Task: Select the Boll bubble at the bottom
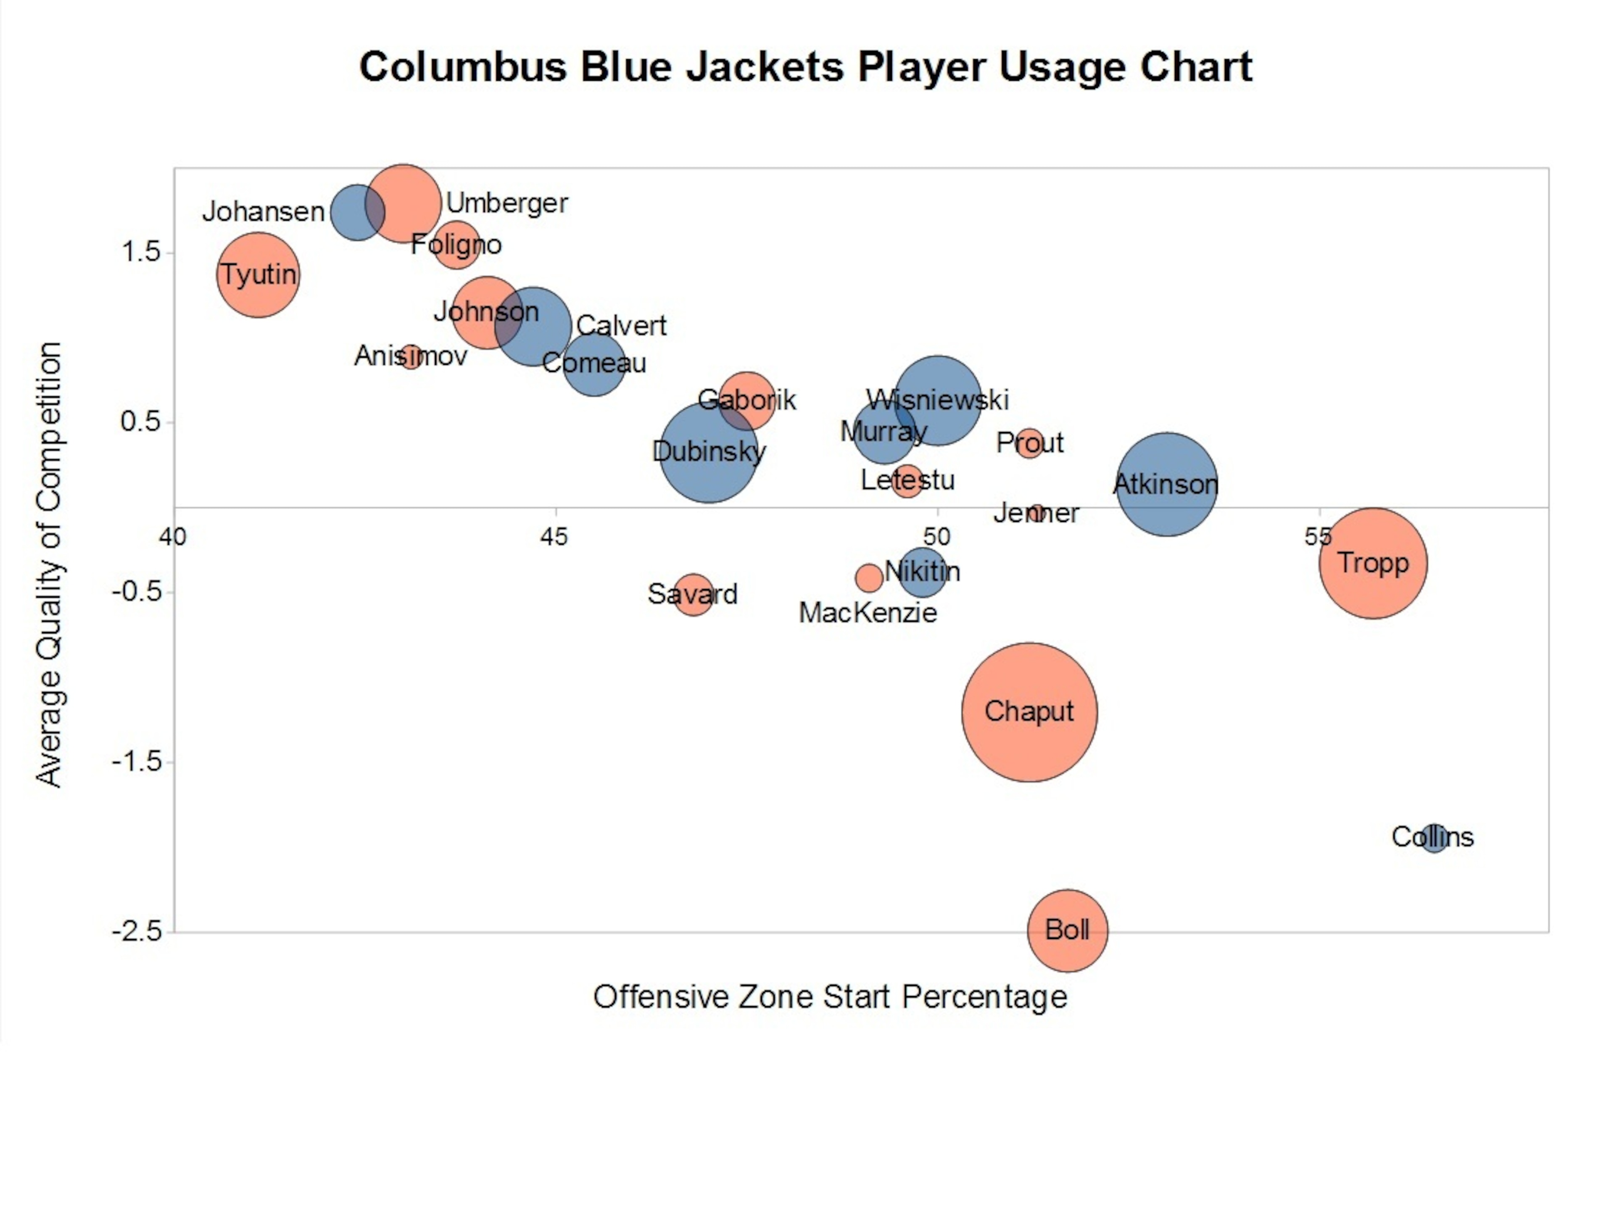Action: click(x=1068, y=930)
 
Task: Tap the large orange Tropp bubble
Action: click(x=1373, y=563)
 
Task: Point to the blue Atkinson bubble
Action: click(x=1166, y=484)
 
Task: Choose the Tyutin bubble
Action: click(x=258, y=275)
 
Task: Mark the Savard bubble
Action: click(x=692, y=594)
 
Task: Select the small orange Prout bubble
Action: click(x=1029, y=443)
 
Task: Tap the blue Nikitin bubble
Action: click(x=923, y=572)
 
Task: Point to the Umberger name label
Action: click(x=507, y=203)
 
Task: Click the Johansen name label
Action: click(x=264, y=212)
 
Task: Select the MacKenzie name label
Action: click(x=868, y=613)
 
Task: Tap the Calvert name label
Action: click(x=621, y=325)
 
